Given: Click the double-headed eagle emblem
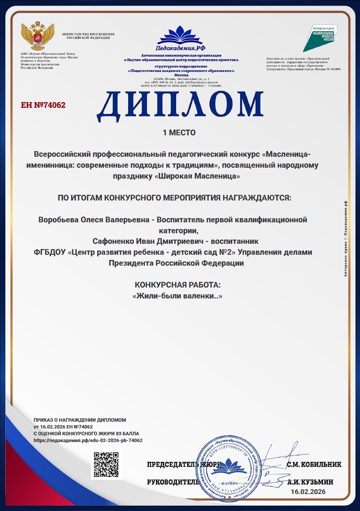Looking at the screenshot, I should point(37,36).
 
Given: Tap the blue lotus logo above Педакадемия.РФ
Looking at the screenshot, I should point(181,35).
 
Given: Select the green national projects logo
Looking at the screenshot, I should point(320,38).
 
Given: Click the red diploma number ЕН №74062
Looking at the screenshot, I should point(43,105).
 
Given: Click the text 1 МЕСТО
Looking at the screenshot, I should point(179,133).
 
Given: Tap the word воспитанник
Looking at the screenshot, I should point(234,241).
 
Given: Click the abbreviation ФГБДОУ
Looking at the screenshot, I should point(50,252).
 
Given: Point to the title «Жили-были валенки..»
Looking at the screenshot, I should point(177,296).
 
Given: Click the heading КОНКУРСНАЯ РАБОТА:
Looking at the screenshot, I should point(178,285).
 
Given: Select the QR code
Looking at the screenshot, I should point(106,465).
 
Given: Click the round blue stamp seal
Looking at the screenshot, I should point(228,469).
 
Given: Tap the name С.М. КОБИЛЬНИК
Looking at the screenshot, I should point(314,465).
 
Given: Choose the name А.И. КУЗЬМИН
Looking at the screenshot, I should point(310,482).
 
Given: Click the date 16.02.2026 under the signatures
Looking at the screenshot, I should point(308,492).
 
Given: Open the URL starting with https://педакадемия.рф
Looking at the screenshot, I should point(88,440).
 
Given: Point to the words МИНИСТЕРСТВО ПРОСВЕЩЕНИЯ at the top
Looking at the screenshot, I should point(88,34).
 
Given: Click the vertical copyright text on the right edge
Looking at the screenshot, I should point(345,239).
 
